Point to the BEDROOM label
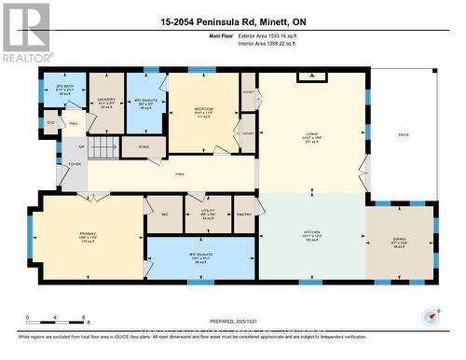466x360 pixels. (x=203, y=110)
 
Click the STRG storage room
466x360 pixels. (x=144, y=146)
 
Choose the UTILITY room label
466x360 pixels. (x=207, y=214)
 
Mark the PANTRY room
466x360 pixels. (x=244, y=214)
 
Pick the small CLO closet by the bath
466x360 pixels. (x=50, y=122)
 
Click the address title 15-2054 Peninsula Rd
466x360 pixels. (x=232, y=21)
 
